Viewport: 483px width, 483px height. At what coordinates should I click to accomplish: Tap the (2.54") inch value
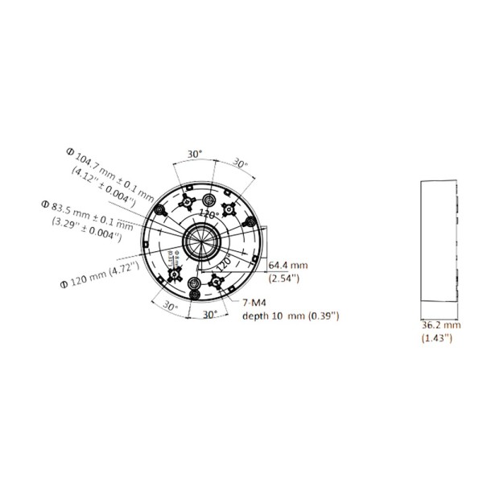[283, 278]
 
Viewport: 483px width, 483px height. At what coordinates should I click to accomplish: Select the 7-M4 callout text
[254, 303]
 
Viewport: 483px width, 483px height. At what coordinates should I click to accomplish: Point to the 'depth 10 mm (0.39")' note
[291, 316]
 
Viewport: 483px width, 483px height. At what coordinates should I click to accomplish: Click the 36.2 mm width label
[440, 326]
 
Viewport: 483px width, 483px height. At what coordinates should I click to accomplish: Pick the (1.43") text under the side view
[438, 339]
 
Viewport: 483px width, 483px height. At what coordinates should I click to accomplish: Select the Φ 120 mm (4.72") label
[100, 273]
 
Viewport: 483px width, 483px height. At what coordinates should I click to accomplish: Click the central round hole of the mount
[199, 240]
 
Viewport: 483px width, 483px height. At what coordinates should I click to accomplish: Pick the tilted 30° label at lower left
[169, 306]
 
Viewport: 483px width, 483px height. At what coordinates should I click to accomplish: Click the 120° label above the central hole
[210, 215]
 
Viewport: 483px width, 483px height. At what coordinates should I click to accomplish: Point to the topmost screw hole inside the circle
[209, 198]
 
